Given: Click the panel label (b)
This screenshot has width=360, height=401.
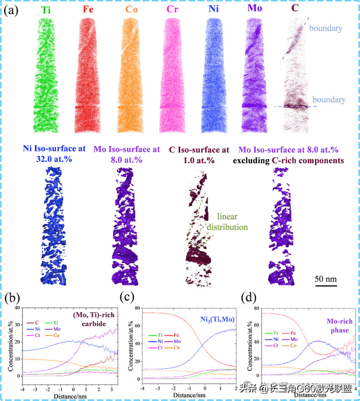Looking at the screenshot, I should click(12, 296).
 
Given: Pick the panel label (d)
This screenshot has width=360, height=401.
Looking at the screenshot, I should click(246, 296).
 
